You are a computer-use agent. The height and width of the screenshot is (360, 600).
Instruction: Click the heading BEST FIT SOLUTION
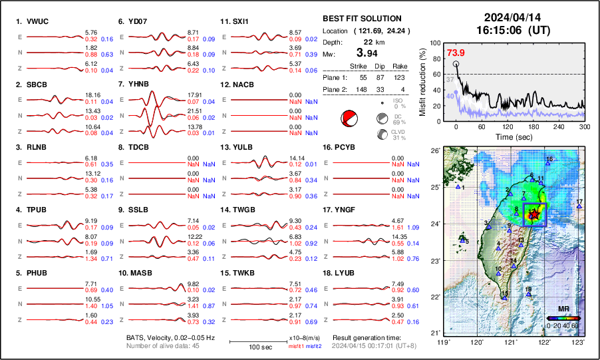(362, 19)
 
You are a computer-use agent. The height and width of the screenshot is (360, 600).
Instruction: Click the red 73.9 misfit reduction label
(456, 53)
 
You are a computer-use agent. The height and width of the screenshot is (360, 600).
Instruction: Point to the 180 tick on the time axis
(520, 126)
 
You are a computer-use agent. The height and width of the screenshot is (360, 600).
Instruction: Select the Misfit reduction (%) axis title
(423, 80)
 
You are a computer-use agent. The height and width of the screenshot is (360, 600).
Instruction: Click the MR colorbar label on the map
(563, 309)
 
